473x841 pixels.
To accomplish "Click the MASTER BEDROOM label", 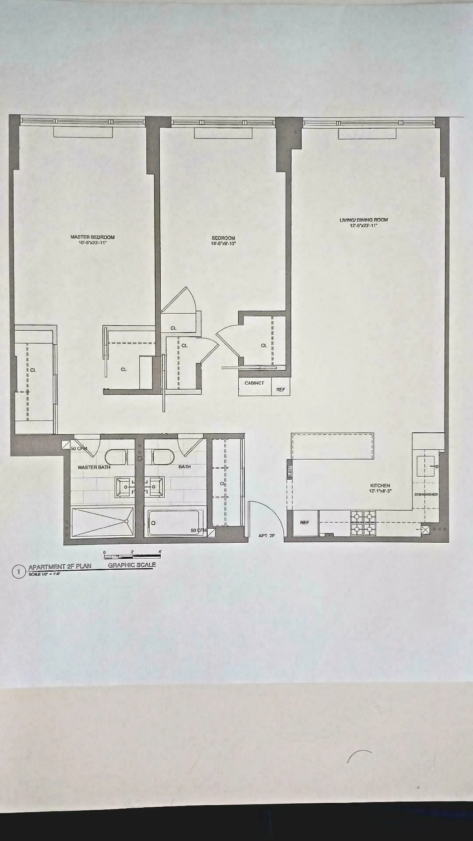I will pos(92,237).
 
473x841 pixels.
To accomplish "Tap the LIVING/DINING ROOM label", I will pos(364,220).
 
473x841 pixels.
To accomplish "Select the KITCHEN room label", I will pos(380,485).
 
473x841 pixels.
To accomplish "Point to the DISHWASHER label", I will pos(426,495).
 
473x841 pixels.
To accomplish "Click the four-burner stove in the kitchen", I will pos(363,523).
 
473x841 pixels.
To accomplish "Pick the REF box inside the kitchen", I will pos(305,523).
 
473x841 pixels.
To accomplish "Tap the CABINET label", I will pos(254,383).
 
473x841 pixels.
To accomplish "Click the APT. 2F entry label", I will pos(266,536).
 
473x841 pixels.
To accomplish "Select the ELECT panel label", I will pos(290,472).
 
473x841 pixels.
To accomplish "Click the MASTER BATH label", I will pos(94,467).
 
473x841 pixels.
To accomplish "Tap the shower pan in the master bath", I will pos(103,522).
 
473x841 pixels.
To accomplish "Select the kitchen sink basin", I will pos(426,466).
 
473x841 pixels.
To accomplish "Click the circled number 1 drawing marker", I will pos(18,572).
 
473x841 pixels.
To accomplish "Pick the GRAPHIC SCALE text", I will pos(132,565).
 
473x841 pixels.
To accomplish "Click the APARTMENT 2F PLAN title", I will pos(60,566).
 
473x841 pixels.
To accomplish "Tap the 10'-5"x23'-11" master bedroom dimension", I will pos(92,243).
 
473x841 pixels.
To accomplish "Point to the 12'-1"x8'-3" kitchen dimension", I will pos(380,491).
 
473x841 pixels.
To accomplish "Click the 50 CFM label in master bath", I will pos(79,449).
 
